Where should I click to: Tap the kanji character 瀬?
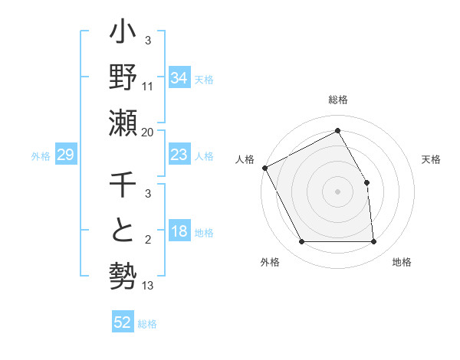pos(122,123)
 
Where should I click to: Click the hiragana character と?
pos(122,230)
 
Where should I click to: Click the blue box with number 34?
pos(179,77)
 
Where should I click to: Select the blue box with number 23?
pos(179,155)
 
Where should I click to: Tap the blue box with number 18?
pos(179,231)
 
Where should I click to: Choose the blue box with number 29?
pos(65,155)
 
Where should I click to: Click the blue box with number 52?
pos(123,322)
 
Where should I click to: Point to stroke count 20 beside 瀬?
pos(148,133)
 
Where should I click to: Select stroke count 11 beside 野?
pos(148,86)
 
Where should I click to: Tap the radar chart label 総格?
pos(337,100)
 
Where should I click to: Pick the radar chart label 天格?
pos(431,159)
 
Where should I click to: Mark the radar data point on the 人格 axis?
pos(264,168)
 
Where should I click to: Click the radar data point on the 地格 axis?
pos(373,242)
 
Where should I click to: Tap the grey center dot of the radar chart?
pos(337,191)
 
